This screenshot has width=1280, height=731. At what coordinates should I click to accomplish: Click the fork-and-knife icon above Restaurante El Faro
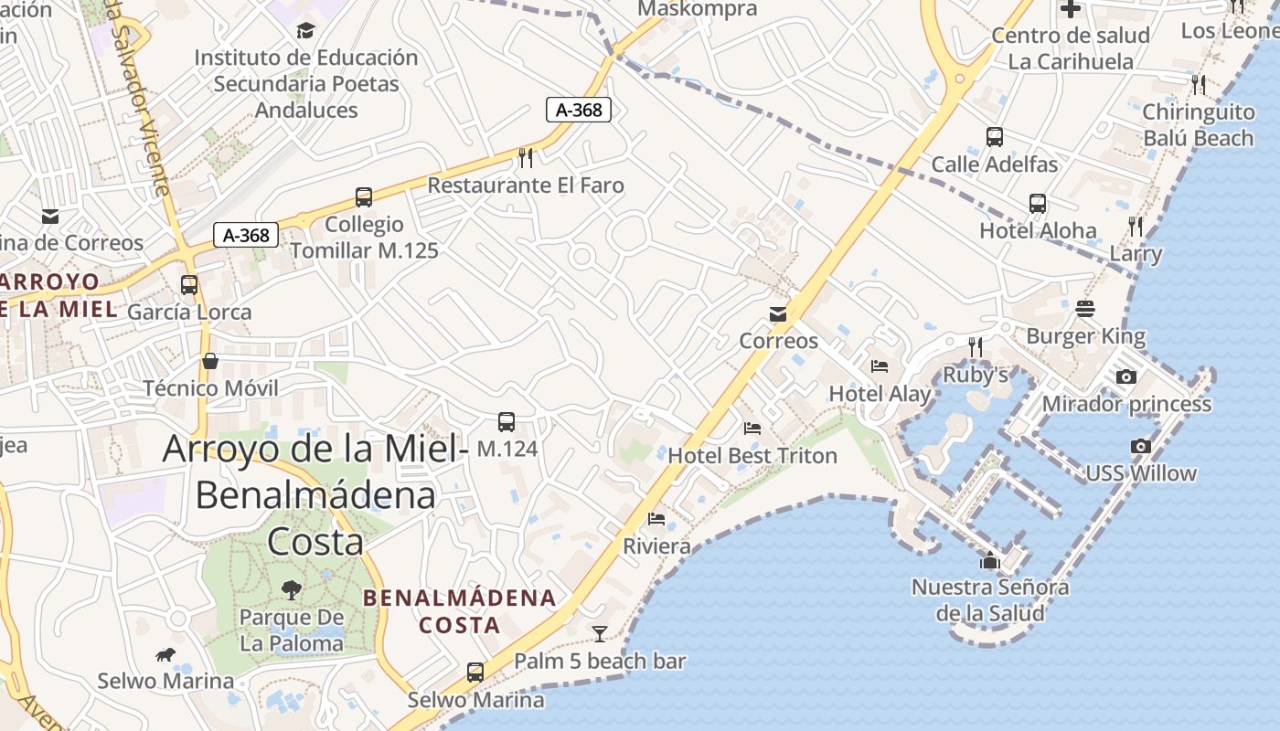tap(526, 158)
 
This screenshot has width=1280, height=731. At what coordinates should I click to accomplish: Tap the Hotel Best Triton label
tap(752, 455)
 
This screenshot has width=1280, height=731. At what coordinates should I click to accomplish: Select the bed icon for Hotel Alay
tap(880, 366)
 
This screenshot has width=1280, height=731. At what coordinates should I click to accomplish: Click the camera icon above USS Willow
tap(1140, 446)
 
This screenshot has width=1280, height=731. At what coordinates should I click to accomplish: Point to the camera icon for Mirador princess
tap(1126, 376)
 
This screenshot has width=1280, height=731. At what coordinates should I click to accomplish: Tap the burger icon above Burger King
tap(1085, 309)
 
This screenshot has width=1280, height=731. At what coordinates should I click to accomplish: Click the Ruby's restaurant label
tap(976, 375)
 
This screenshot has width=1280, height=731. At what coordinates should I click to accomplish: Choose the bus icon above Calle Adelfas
tap(995, 137)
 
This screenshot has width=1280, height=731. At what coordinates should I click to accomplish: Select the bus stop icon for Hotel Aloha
tap(1038, 203)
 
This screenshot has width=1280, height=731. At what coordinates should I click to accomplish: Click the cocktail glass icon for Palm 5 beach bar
tap(600, 633)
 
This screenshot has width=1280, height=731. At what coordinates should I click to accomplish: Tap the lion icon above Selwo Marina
tap(165, 654)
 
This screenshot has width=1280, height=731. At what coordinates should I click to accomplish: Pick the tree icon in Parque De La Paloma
tap(292, 590)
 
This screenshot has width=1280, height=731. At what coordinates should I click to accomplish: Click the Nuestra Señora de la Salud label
tap(990, 599)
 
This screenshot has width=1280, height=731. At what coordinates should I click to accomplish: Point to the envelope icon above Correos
tap(778, 313)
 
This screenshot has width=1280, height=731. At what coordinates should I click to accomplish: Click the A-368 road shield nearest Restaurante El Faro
tap(579, 110)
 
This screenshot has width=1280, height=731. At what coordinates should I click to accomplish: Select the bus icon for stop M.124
tap(507, 421)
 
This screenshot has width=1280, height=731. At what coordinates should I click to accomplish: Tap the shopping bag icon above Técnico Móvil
tap(210, 361)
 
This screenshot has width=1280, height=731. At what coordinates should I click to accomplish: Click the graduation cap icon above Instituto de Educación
tap(305, 30)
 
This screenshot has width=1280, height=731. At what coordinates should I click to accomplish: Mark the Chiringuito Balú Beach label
tap(1198, 125)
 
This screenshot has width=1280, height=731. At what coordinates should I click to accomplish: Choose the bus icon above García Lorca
tap(189, 284)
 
